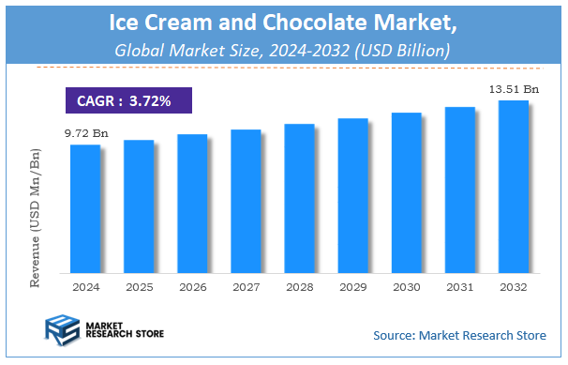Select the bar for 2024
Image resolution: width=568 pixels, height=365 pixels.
pos(85,207)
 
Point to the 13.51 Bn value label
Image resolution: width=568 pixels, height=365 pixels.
pos(513,90)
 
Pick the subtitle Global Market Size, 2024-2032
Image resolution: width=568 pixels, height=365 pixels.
pos(282,49)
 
